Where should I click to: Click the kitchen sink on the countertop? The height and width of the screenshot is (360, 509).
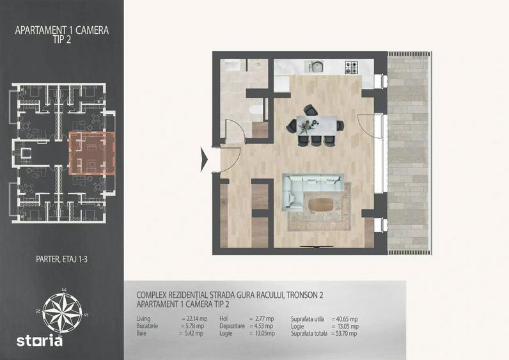[314, 67]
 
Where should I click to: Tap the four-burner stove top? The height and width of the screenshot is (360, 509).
[352, 67]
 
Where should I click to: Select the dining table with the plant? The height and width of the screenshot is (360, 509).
[317, 125]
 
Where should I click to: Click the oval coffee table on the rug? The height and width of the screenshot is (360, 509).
[321, 205]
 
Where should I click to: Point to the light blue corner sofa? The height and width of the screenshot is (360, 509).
[310, 188]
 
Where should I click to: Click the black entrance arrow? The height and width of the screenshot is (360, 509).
[204, 159]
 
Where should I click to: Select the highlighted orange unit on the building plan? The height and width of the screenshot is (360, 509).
[92, 153]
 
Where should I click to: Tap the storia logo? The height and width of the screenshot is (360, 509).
[40, 341]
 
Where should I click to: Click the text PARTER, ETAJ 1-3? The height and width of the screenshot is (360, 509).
[61, 260]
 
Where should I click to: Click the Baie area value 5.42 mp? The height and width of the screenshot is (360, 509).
[194, 333]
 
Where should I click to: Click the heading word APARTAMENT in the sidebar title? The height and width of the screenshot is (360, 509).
[40, 31]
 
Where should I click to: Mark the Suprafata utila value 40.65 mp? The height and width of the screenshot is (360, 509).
[347, 319]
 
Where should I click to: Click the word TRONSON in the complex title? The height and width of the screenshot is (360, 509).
[296, 295]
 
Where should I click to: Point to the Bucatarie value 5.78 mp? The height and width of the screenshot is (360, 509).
[195, 326]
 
